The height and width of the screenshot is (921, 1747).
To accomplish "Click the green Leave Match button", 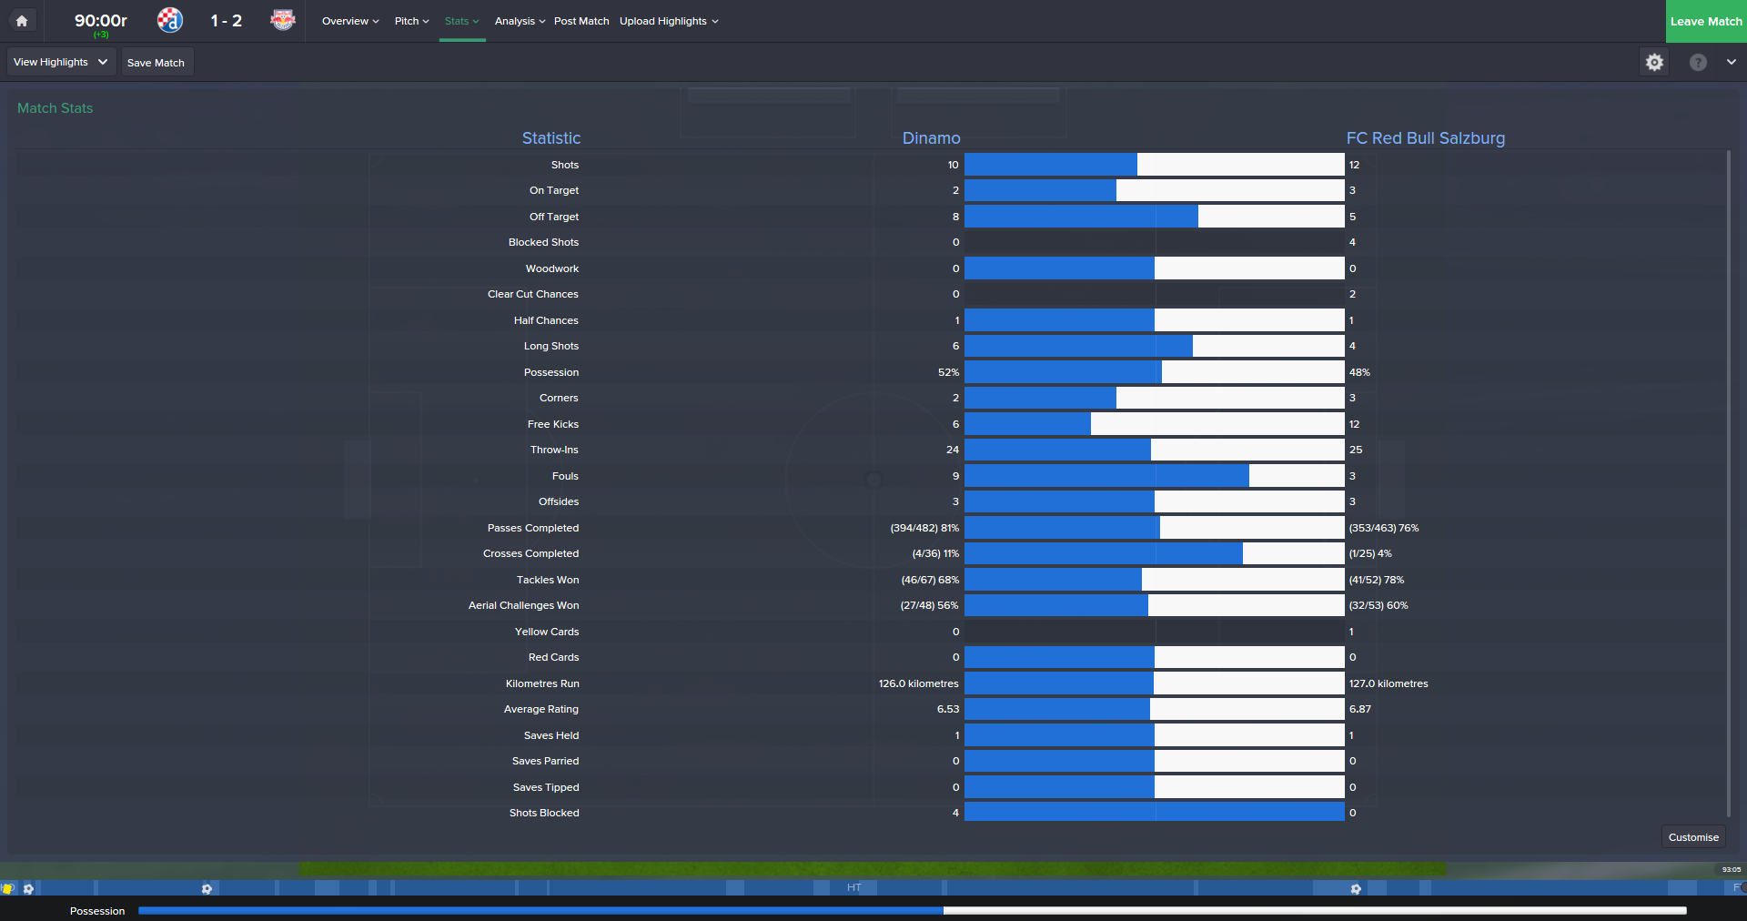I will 1705,21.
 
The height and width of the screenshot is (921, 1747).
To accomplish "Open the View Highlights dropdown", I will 61,62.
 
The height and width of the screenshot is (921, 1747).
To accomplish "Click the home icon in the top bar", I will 22,21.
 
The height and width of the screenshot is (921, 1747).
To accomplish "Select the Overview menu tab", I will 349,21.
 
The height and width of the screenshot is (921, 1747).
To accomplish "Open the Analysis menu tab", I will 519,21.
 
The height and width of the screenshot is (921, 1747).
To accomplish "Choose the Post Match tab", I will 581,21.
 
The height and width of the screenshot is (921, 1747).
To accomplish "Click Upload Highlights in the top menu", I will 668,21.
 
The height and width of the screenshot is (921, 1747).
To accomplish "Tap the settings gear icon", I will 1654,62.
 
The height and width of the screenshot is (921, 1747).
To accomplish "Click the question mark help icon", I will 1698,62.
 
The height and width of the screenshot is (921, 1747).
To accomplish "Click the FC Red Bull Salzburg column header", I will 1425,138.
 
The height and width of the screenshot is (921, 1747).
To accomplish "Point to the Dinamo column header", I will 931,138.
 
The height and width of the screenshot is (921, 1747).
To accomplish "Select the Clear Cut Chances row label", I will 532,294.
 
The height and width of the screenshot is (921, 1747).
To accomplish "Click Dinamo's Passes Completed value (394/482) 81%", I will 924,528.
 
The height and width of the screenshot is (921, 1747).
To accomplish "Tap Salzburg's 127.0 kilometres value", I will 1389,683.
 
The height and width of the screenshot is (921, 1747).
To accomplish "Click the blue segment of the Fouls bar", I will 1106,476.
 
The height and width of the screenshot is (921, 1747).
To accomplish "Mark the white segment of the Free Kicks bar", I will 1217,424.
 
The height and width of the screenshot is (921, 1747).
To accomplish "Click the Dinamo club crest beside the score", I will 170,20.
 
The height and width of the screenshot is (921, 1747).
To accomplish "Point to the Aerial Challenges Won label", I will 523,605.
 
